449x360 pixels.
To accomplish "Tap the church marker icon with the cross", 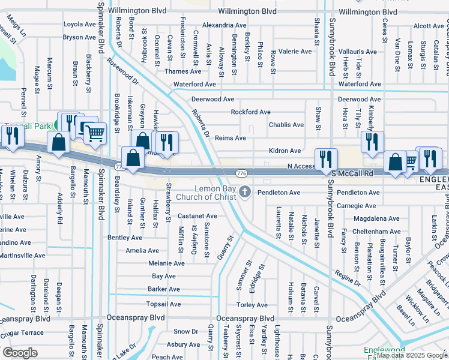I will (244, 192).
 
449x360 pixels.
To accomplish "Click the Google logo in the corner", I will (20, 352).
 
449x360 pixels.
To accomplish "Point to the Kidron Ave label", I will (285, 151).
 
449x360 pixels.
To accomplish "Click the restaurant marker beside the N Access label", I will (326, 159).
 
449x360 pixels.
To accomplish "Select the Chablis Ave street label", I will (286, 125).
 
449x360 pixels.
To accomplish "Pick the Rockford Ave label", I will (251, 112).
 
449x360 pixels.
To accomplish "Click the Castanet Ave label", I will (197, 215).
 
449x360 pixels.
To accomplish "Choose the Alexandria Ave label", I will (224, 25).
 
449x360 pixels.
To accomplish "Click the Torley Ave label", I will (252, 305).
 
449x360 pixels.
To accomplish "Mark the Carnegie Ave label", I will (357, 206).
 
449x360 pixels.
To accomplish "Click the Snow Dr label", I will (185, 331).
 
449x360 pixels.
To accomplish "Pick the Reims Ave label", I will (231, 138).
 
